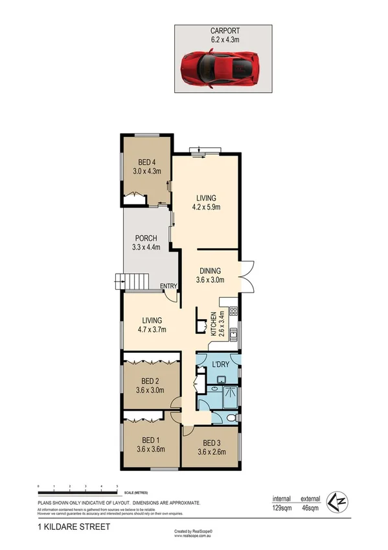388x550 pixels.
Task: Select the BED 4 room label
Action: point(146,162)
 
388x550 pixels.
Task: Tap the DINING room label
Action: point(211,271)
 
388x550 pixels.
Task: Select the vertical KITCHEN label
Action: point(212,324)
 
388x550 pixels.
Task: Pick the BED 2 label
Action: point(150,381)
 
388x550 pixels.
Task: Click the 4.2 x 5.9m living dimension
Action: point(207,208)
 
